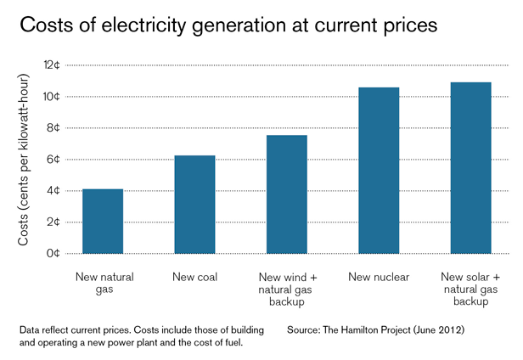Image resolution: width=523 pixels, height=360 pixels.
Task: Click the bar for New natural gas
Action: pyautogui.click(x=103, y=221)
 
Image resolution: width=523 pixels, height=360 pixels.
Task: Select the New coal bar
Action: pyautogui.click(x=194, y=205)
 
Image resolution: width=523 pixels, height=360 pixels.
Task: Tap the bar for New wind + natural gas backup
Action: pyautogui.click(x=287, y=194)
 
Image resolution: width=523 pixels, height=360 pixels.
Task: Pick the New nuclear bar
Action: pyautogui.click(x=379, y=171)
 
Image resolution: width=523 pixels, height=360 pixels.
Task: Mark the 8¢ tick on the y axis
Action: pyautogui.click(x=53, y=128)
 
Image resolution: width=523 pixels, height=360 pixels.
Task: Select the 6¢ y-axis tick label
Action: pyautogui.click(x=53, y=160)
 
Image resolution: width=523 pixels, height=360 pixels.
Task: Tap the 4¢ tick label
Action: pyautogui.click(x=53, y=191)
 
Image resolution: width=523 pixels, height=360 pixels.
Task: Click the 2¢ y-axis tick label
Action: pyautogui.click(x=53, y=222)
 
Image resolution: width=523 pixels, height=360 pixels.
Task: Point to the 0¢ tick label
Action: pyautogui.click(x=53, y=253)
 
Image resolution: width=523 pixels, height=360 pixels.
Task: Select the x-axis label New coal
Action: pyautogui.click(x=194, y=277)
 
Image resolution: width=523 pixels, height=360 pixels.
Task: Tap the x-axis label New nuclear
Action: pyautogui.click(x=379, y=277)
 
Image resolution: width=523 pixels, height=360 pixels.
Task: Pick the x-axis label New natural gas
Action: pyautogui.click(x=103, y=283)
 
